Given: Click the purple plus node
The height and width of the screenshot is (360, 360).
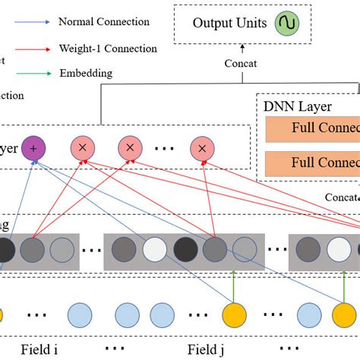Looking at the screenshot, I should coord(33,147).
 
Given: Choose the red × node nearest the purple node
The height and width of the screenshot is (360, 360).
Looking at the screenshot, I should coord(82,147).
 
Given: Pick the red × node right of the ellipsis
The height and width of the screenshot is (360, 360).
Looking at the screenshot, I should coord(201,147).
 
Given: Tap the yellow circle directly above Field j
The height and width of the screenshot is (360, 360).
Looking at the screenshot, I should coord(235,314).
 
